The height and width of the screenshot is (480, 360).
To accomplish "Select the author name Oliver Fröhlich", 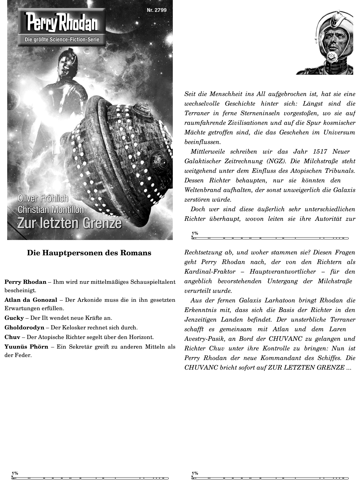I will click(x=43, y=199).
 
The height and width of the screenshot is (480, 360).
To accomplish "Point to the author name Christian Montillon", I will click(x=51, y=210).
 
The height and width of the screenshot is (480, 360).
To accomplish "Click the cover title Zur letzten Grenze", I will click(x=70, y=223).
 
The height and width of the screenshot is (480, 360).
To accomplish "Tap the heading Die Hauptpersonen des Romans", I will click(x=89, y=253).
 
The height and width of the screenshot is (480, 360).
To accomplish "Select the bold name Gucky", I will click(x=14, y=318).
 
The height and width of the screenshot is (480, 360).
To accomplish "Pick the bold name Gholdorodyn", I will click(x=24, y=328).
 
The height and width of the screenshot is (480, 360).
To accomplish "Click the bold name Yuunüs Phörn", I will click(x=26, y=347).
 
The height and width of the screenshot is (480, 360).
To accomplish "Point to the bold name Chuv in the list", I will click(x=12, y=337).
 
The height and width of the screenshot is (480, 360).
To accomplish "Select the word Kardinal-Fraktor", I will click(x=210, y=272).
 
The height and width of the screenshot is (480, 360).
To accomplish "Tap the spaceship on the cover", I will click(x=126, y=156).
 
